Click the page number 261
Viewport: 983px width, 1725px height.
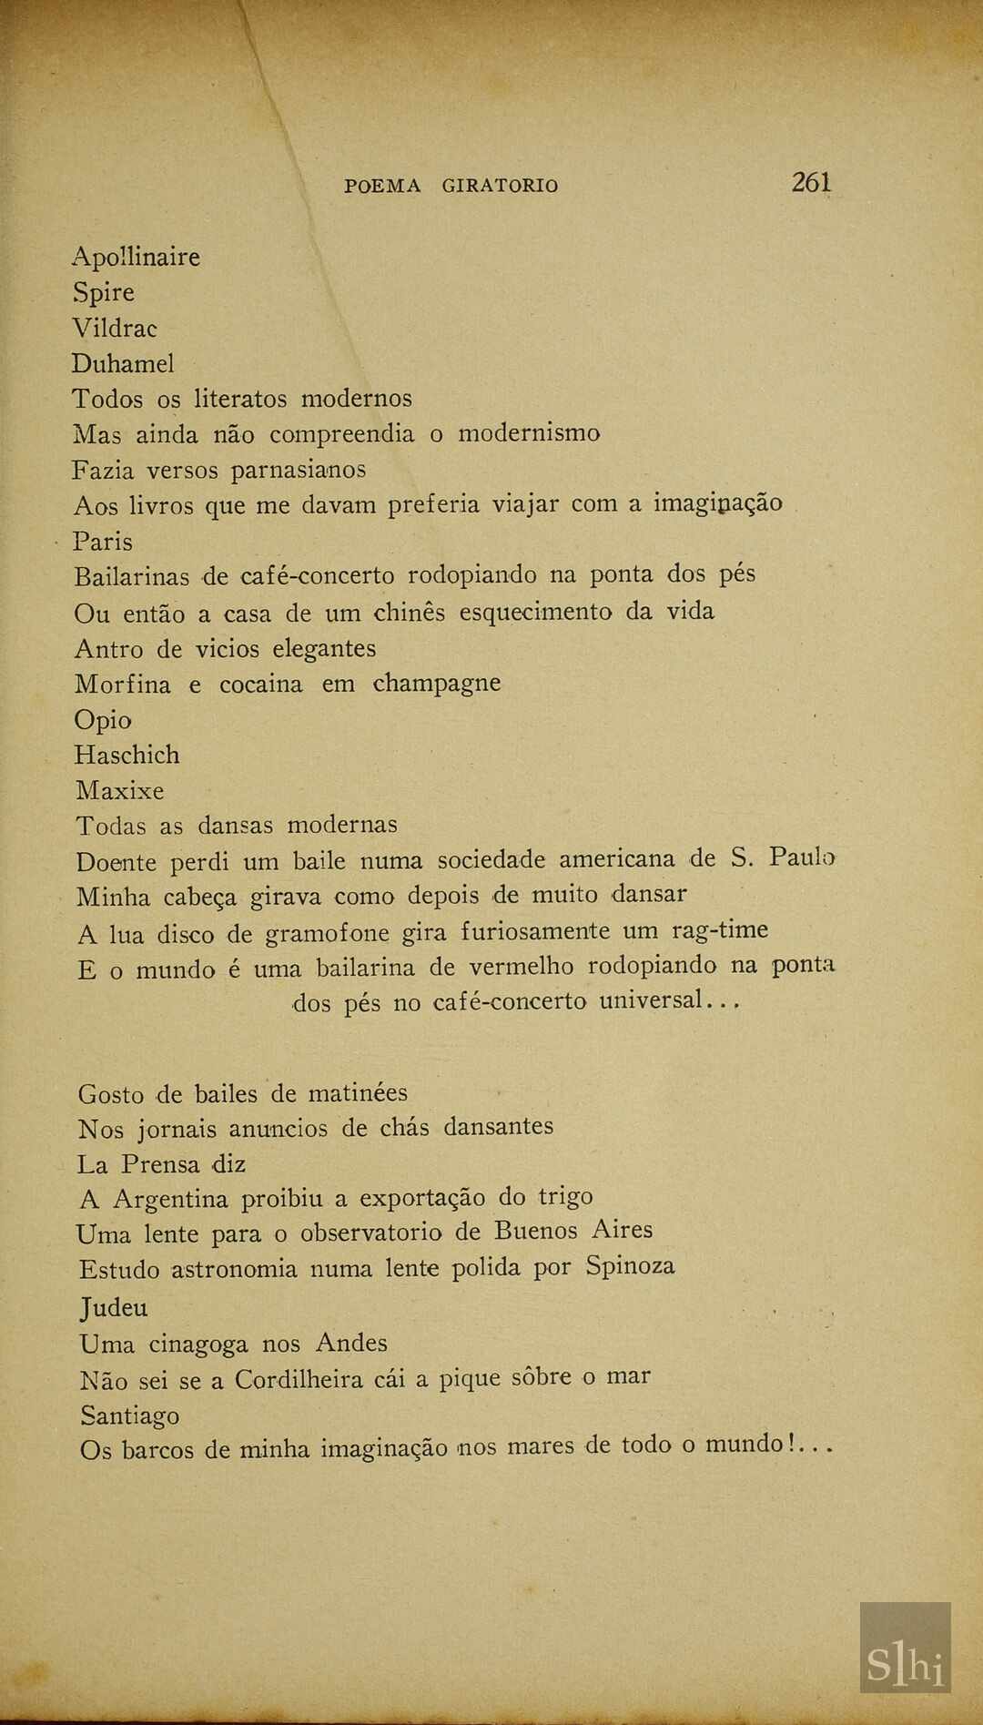click(811, 182)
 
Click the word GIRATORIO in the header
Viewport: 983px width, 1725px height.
click(500, 186)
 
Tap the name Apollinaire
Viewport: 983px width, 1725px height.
click(136, 258)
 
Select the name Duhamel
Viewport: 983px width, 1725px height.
click(123, 364)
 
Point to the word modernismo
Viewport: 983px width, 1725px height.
click(529, 433)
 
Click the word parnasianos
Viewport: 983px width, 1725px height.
click(298, 470)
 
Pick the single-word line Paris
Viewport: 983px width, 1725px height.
click(103, 542)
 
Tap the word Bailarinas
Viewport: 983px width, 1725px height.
click(132, 577)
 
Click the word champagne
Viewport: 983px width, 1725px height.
click(437, 684)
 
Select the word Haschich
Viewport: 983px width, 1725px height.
click(127, 756)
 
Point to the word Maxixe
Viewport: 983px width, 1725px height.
click(119, 791)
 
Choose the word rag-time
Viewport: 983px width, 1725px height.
click(720, 930)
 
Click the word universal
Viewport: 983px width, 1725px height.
click(651, 1001)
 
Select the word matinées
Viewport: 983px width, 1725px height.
click(358, 1092)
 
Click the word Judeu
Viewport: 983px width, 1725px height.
click(114, 1308)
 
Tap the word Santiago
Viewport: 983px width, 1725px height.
click(129, 1416)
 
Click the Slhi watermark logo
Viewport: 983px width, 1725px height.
click(905, 1647)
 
